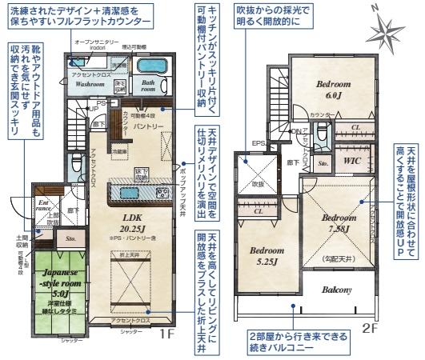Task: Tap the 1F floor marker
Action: [x=166, y=333]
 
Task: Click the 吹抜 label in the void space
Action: [x=258, y=183]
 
